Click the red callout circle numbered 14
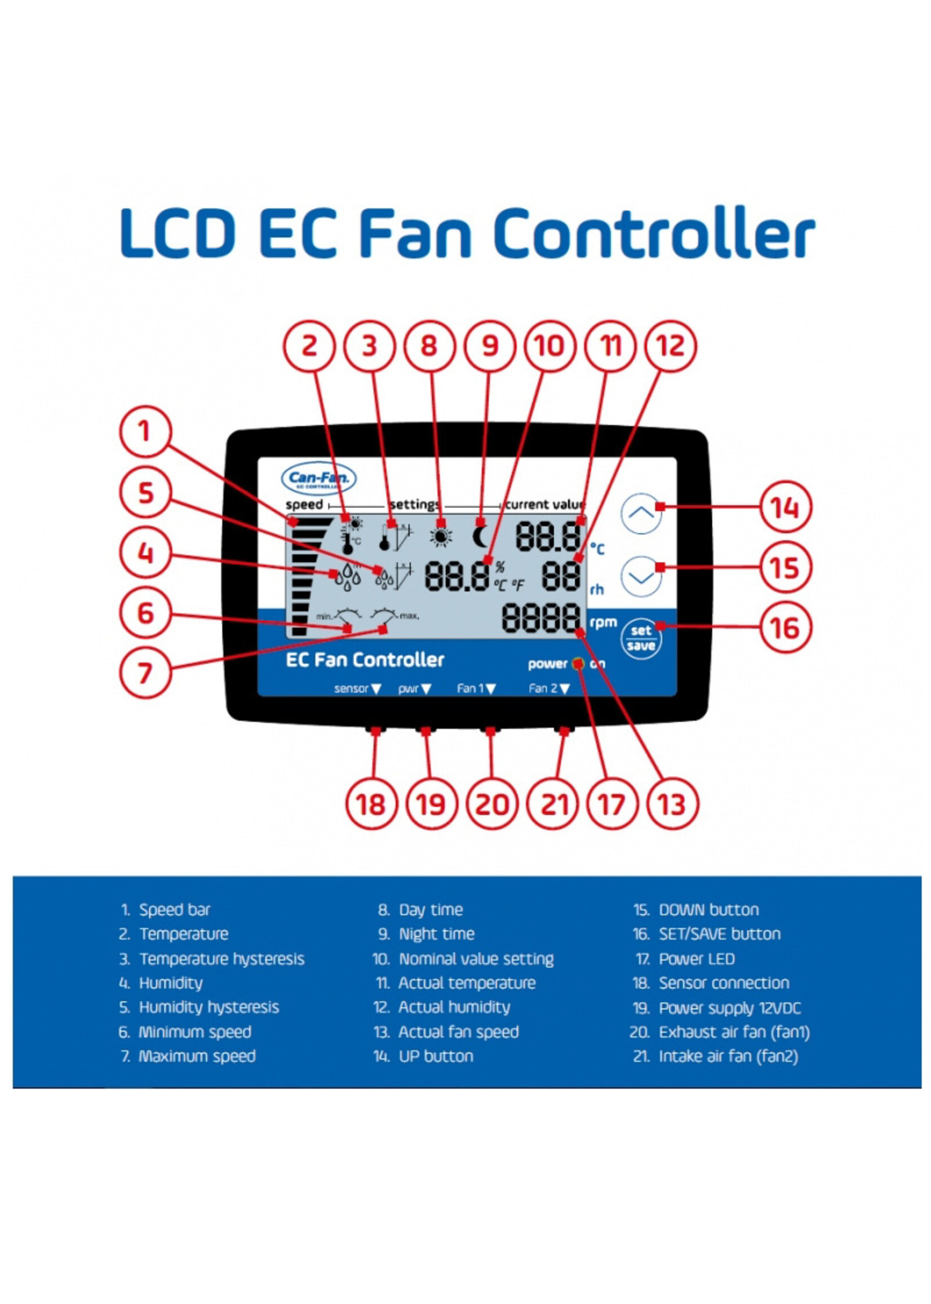point(785,507)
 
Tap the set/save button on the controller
point(640,638)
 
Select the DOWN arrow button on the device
point(641,576)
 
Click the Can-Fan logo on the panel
point(319,478)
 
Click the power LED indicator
point(578,664)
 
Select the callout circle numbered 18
point(371,804)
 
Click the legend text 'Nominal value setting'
point(476,959)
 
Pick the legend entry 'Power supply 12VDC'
point(729,1008)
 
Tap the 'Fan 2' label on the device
point(542,688)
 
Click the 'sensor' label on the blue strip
point(351,688)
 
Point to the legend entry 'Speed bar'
point(174,910)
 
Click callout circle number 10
point(549,346)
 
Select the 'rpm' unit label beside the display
point(603,622)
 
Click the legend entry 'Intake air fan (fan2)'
point(728,1057)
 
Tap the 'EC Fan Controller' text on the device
point(365,660)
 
